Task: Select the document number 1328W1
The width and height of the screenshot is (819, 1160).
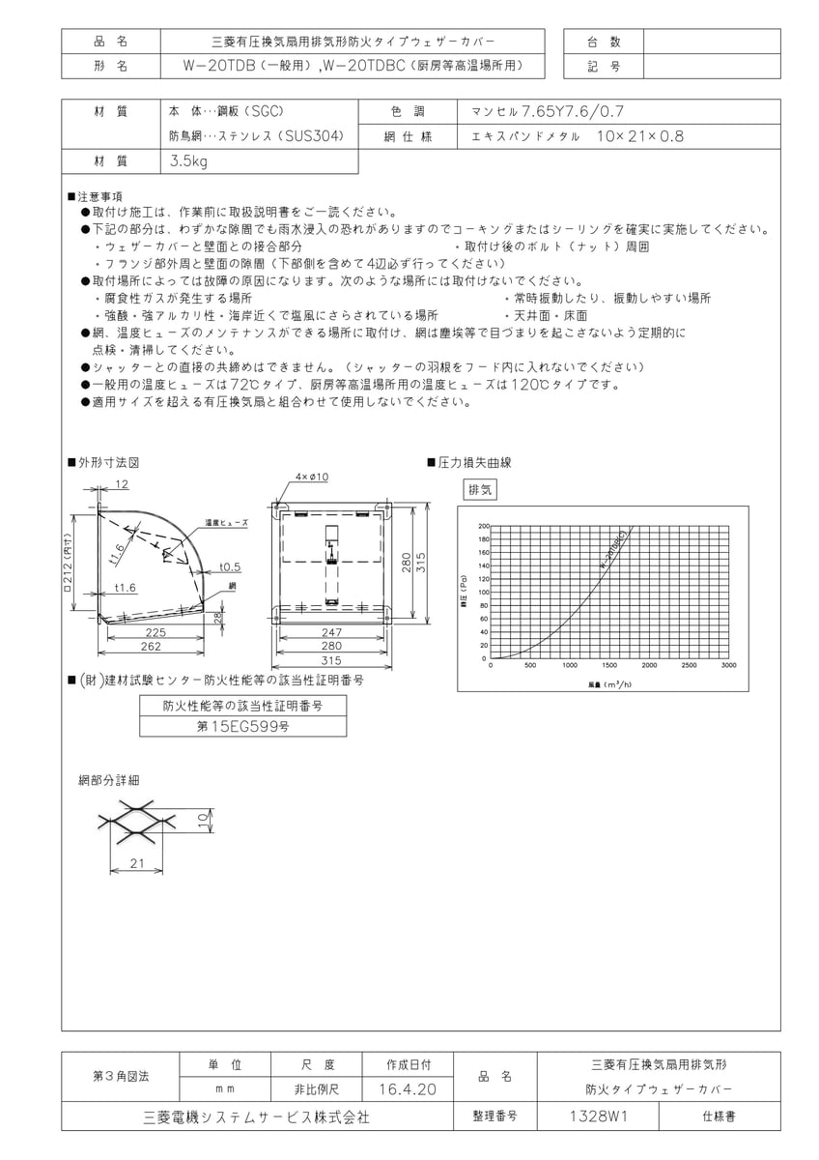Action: pos(598,1116)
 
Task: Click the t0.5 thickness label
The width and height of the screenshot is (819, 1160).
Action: pos(230,566)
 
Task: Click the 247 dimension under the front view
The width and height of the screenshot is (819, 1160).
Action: pos(331,632)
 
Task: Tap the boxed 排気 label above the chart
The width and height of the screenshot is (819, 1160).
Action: pos(480,490)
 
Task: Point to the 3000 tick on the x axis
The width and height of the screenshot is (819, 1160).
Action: pos(728,665)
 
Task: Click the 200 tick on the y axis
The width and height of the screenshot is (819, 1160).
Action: pos(484,526)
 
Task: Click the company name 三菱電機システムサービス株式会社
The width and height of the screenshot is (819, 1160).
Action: pos(255,1116)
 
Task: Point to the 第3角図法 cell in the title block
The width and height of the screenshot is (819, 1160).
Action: pos(120,1075)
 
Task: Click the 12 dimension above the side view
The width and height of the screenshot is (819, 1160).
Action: pos(122,482)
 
